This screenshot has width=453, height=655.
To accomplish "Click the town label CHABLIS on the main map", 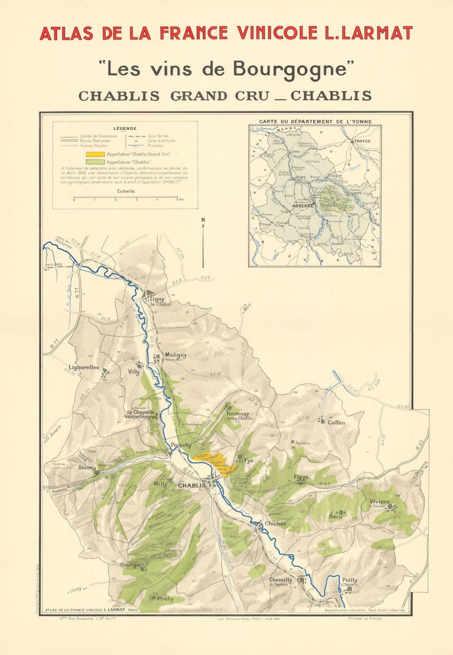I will (192, 486).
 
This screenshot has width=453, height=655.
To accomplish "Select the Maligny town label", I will (176, 355).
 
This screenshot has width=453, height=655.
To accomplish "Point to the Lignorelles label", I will (84, 367).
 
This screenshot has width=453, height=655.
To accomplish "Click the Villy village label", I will (134, 372).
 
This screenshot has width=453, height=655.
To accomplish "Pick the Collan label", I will (336, 422).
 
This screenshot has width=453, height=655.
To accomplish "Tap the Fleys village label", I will (301, 477).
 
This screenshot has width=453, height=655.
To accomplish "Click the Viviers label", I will (379, 501).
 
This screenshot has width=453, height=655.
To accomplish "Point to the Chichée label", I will (276, 523).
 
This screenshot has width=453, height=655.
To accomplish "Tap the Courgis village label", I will (130, 564).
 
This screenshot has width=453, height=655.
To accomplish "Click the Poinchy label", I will (181, 445).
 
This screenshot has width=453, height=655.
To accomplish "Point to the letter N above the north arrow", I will (203, 220).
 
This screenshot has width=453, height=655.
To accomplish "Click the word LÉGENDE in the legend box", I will (125, 128).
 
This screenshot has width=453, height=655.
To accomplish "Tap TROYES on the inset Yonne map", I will (362, 141).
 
